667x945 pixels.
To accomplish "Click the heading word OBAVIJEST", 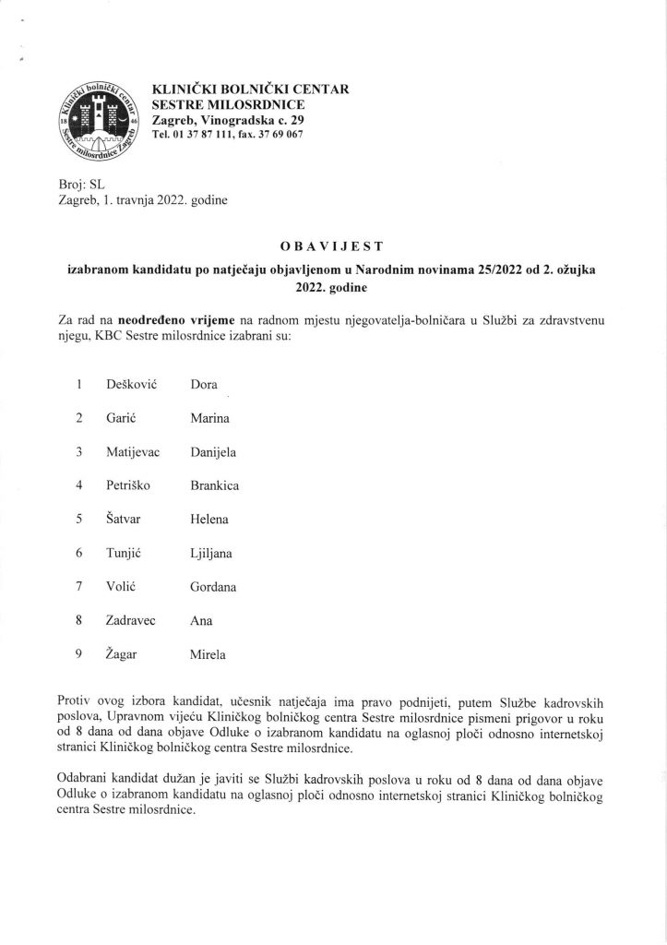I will click(x=333, y=245).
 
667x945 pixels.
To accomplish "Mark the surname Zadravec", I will click(x=136, y=620).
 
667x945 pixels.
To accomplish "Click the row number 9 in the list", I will click(x=80, y=654).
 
